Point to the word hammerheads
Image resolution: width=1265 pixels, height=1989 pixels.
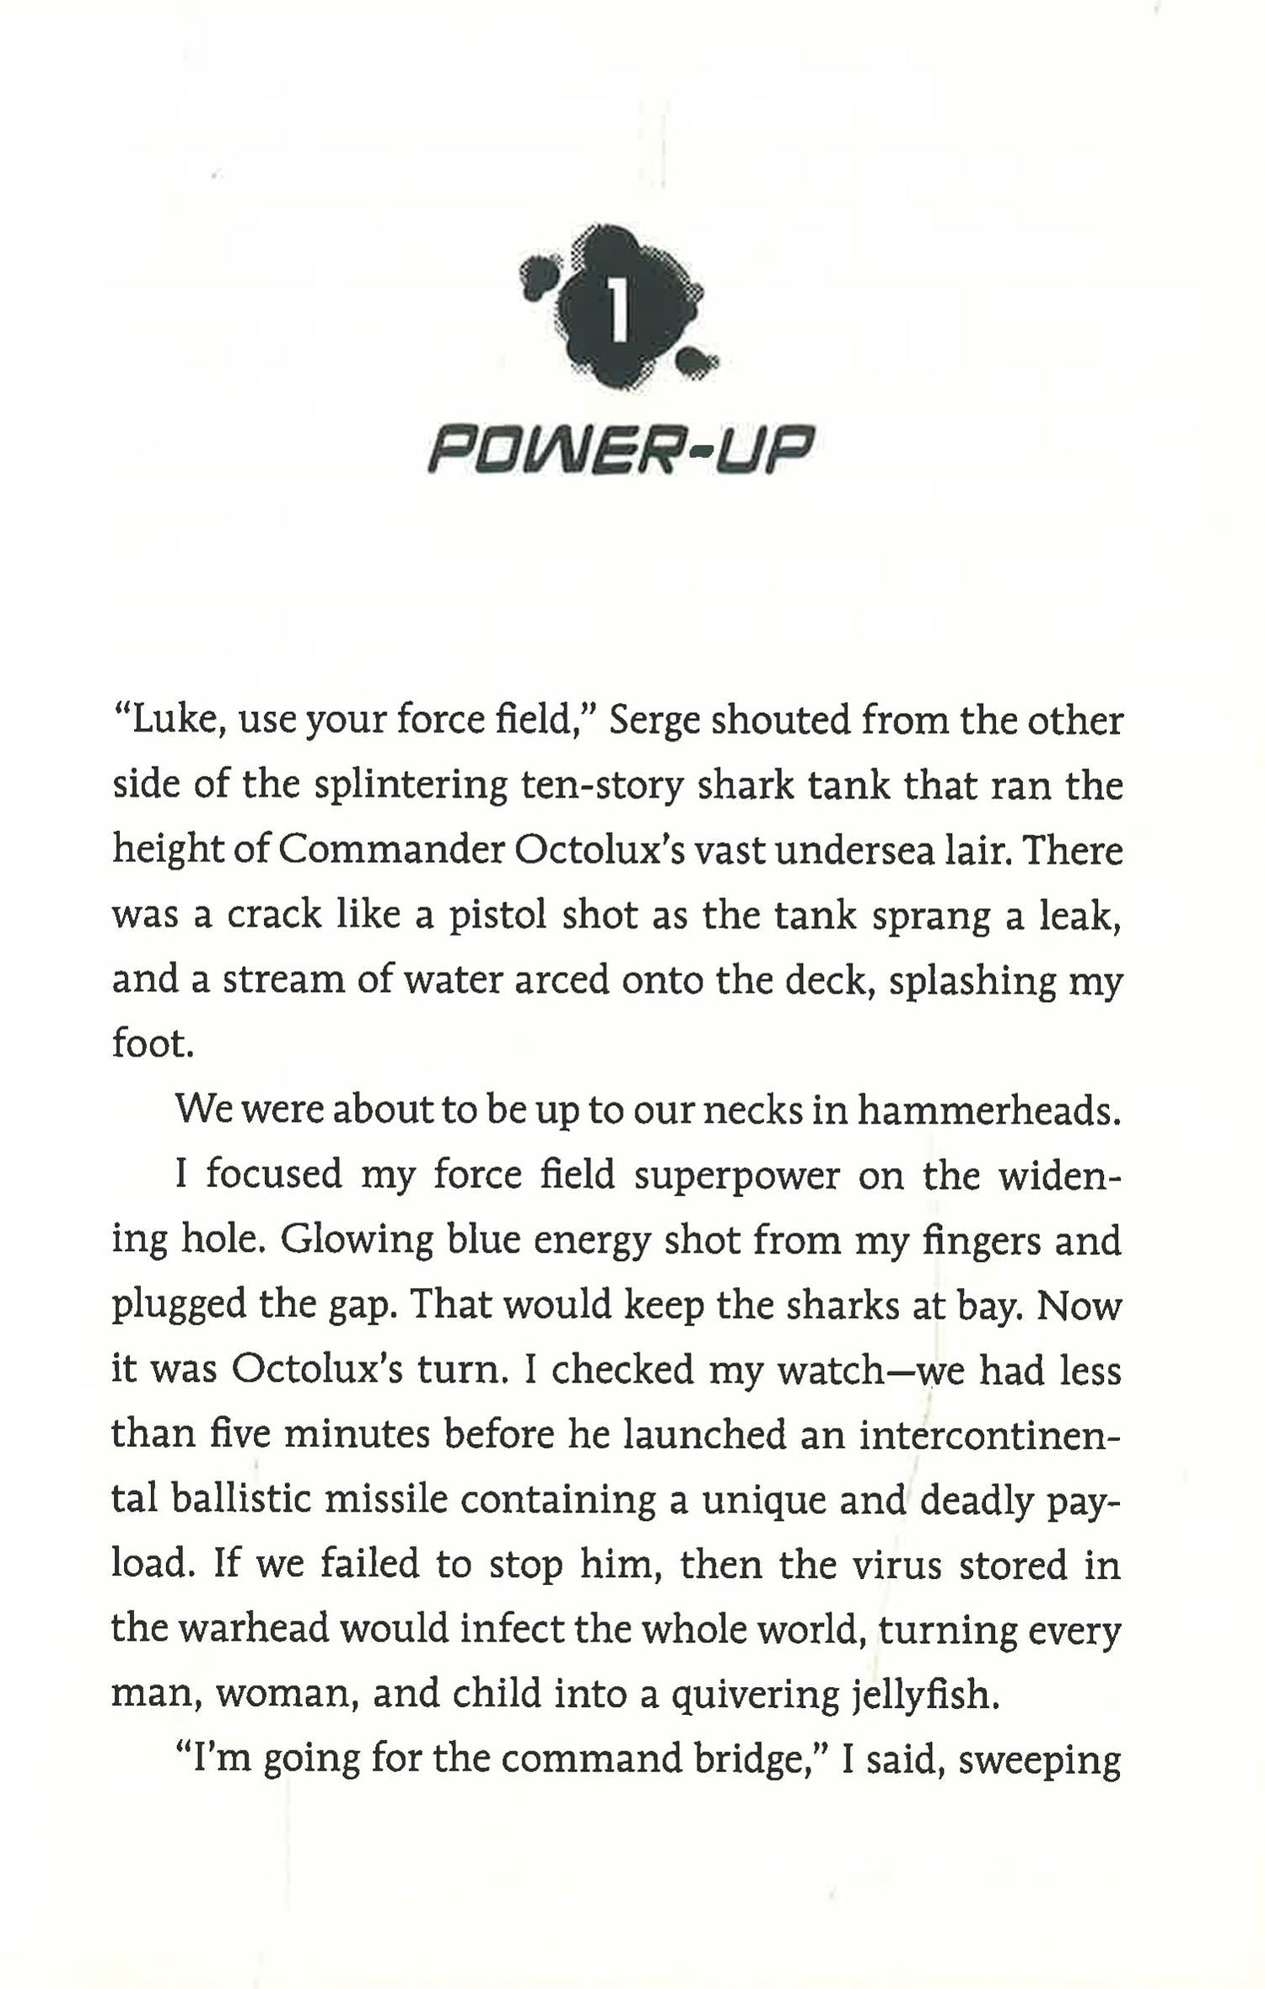[989, 1110]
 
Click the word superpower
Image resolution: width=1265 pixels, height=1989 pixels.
[736, 1176]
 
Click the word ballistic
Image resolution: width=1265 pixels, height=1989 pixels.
[243, 1500]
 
